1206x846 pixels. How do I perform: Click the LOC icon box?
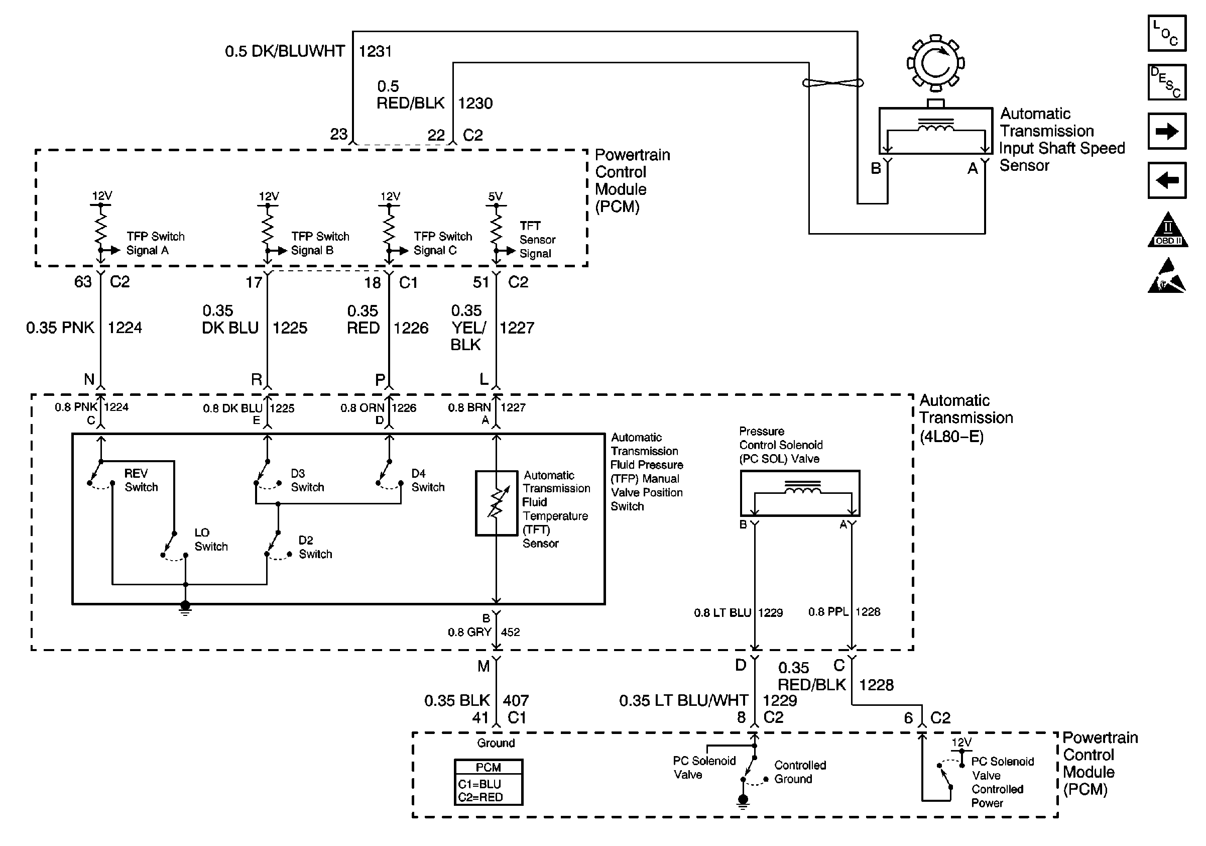1167,34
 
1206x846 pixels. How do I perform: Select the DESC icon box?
1167,82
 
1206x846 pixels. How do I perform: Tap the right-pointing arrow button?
1167,131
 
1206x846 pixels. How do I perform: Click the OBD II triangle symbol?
1167,231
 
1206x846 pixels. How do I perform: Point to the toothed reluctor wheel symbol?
935,64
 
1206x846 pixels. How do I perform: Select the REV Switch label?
141,480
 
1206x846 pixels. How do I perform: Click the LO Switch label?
211,540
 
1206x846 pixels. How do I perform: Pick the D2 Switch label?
315,547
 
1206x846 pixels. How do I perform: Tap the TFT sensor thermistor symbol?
497,503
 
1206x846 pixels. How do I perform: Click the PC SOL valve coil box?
800,493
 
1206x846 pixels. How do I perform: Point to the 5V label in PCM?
496,196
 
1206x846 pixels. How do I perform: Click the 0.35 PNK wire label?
60,328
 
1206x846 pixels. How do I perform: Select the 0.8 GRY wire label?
469,632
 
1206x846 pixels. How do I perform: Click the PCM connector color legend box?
488,782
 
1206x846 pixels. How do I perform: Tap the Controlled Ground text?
799,773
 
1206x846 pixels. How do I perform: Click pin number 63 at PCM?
82,282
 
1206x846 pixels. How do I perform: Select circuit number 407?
515,700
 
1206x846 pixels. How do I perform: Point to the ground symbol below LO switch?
185,607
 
